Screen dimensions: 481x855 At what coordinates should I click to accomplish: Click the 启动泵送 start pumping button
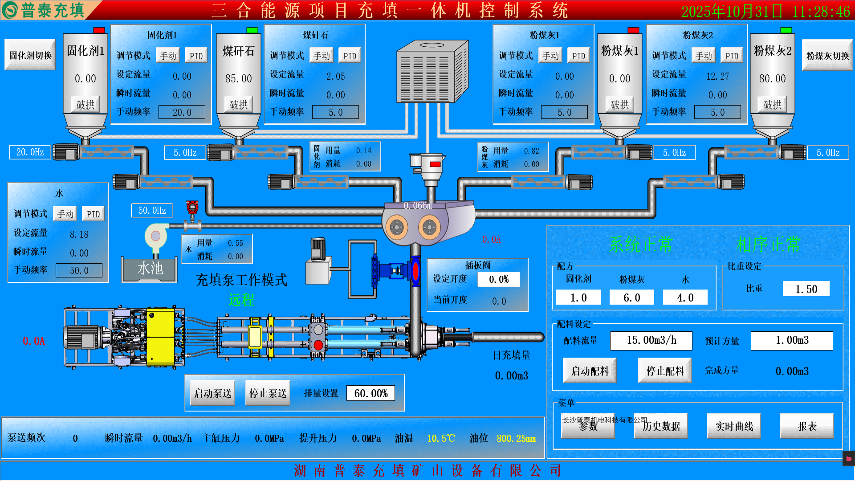tap(212, 393)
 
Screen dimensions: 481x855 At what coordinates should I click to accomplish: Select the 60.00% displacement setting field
tap(370, 393)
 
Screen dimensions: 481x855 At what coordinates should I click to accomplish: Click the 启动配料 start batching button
tap(590, 371)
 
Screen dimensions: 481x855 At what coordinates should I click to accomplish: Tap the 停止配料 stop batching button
tap(665, 371)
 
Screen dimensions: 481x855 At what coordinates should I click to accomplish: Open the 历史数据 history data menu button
tap(661, 426)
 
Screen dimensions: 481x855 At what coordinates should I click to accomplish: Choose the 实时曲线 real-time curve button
tap(734, 426)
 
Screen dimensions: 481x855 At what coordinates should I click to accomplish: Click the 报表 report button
tap(807, 426)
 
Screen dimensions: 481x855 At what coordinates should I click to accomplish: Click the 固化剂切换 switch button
tap(30, 55)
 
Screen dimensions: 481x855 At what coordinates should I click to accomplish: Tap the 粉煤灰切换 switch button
tap(827, 56)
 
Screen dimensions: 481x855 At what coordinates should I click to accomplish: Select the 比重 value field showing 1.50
tap(806, 289)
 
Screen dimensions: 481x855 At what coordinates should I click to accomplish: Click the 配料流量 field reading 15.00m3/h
tap(651, 341)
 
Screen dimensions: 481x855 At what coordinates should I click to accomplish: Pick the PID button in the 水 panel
tap(93, 214)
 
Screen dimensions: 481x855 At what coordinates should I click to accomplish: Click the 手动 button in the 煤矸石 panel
tap(322, 56)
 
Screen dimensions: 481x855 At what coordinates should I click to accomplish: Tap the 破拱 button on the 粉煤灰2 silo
tap(772, 105)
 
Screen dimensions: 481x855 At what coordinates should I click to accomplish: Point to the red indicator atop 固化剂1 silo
tap(99, 30)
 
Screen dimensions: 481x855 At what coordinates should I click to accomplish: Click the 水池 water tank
tap(150, 269)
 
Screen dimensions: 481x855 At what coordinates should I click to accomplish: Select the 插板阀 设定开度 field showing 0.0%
tap(498, 279)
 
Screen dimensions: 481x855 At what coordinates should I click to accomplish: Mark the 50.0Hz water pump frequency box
tap(152, 211)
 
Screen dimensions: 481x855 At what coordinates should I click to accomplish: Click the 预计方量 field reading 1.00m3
tap(792, 341)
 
